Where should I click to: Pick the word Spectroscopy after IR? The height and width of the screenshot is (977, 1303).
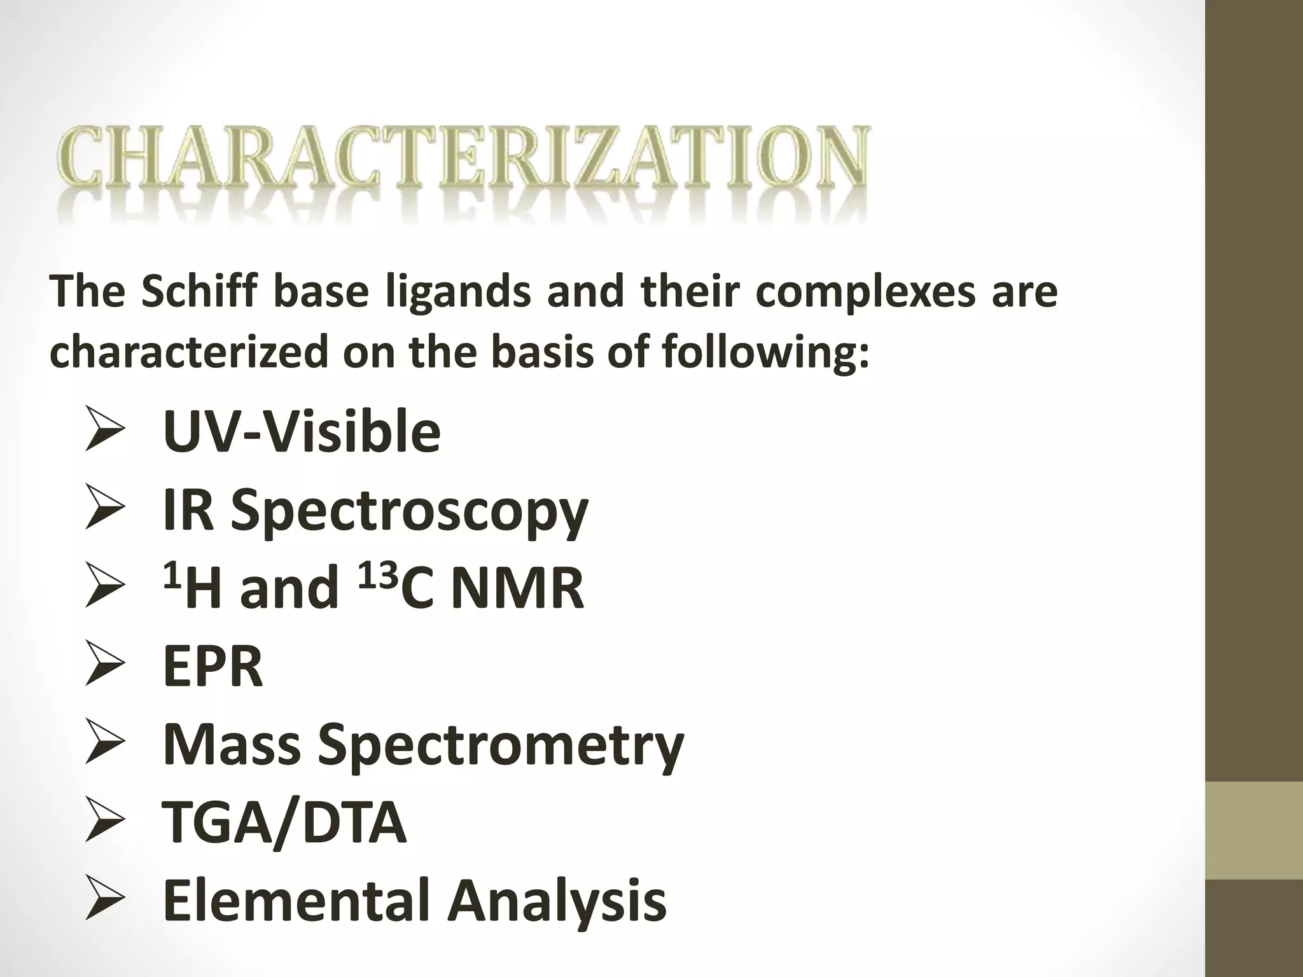pyautogui.click(x=409, y=513)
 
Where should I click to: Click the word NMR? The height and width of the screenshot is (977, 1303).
pyautogui.click(x=517, y=589)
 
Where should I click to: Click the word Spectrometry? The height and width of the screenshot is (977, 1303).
pyautogui.click(x=501, y=745)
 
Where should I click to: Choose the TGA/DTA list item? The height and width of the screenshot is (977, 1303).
pyautogui.click(x=284, y=823)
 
